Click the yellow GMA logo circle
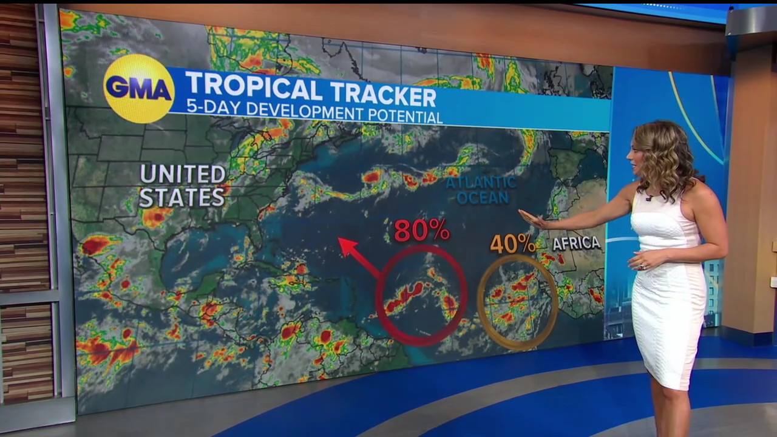point(139,89)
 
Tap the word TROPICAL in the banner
point(254,88)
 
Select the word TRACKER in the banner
point(382,94)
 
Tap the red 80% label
point(421,230)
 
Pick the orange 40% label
point(512,244)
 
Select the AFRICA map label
point(576,243)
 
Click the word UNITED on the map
point(183,175)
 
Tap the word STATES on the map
point(182,197)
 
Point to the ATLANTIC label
point(481,182)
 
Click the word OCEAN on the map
point(483,198)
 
